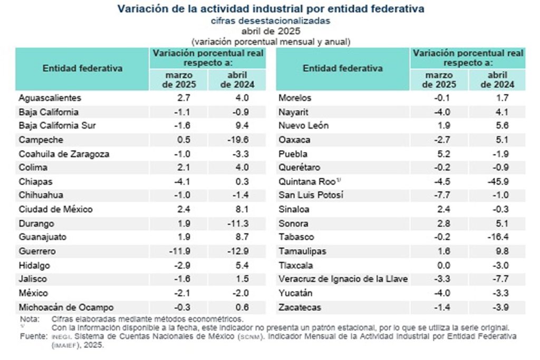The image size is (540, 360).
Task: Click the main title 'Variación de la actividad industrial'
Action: [271, 9]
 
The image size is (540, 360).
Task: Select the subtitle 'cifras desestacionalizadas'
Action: [271, 21]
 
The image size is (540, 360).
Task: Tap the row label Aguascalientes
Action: [50, 98]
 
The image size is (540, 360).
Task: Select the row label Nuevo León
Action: [303, 126]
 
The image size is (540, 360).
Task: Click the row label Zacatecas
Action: [301, 307]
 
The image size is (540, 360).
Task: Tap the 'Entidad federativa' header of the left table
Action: [82, 68]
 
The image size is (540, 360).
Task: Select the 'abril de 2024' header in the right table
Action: [497, 80]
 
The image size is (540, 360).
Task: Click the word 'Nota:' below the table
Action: [29, 319]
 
